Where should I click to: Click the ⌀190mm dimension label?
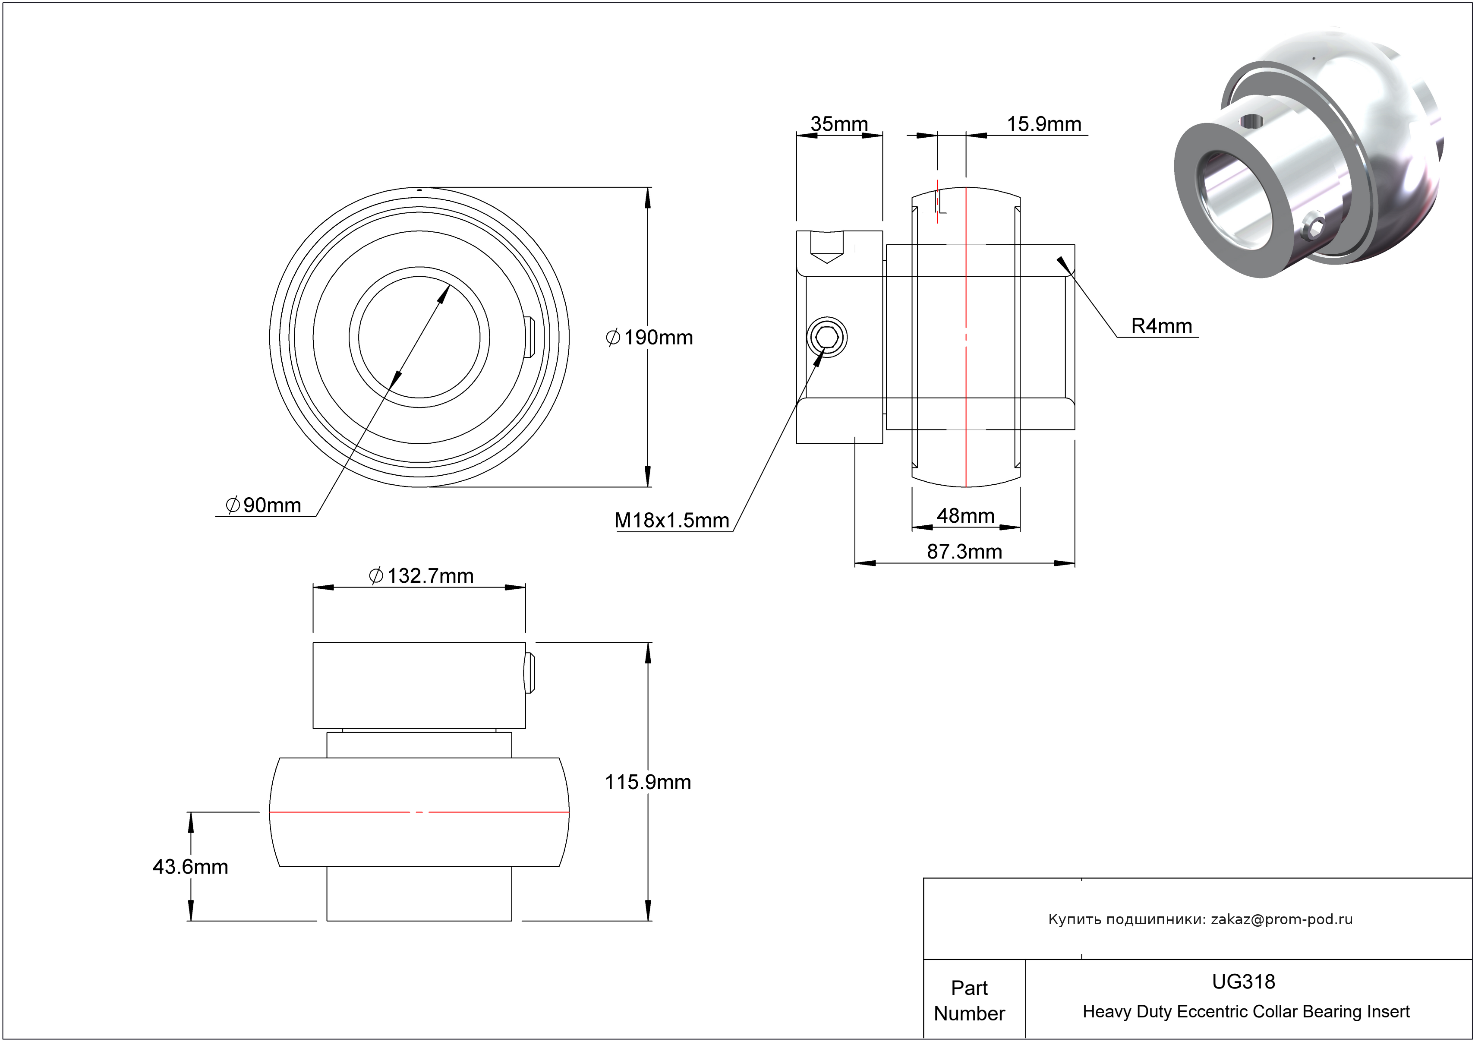[x=649, y=337]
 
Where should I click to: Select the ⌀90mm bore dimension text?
[x=263, y=505]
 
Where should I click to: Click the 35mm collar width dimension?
[x=838, y=123]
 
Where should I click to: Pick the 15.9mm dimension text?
[x=1043, y=123]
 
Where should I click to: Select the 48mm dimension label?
[x=965, y=515]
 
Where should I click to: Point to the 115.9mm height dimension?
[x=648, y=782]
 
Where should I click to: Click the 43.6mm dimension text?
[x=190, y=867]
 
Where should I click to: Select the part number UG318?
[x=1243, y=982]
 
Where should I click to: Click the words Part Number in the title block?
[x=969, y=1000]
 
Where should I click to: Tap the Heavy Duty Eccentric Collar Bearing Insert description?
[x=1245, y=1012]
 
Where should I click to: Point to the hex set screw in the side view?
[x=827, y=337]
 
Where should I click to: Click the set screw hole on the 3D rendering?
[x=1251, y=120]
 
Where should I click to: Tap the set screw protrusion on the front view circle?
[x=529, y=337]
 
